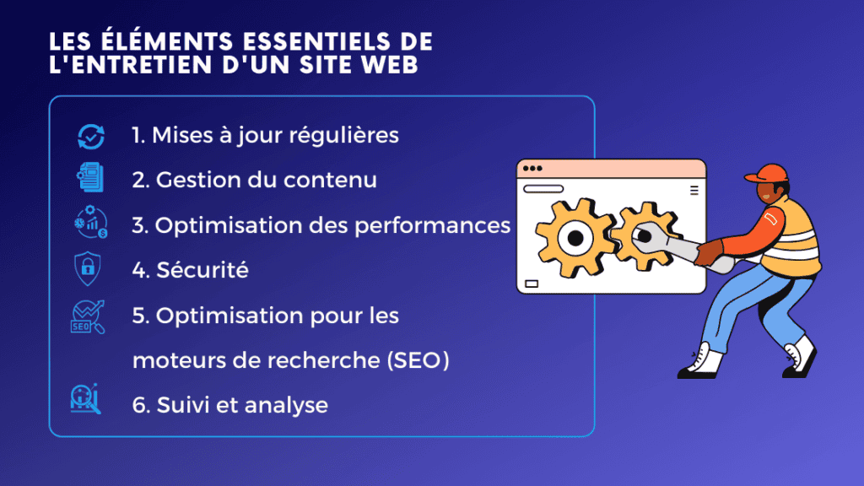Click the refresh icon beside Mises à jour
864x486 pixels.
click(90, 136)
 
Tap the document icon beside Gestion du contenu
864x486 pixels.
click(89, 180)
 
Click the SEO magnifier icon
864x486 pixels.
click(88, 317)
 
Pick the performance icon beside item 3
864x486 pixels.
click(89, 224)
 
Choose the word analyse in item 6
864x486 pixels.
click(286, 405)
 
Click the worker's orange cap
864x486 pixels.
click(765, 173)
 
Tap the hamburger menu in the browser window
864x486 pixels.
click(694, 190)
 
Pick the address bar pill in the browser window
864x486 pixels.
click(543, 189)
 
